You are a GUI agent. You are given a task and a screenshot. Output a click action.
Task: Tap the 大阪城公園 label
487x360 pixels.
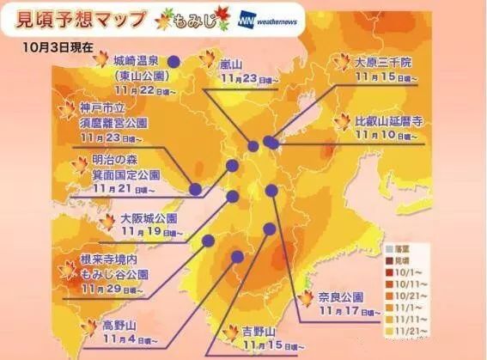click(148, 217)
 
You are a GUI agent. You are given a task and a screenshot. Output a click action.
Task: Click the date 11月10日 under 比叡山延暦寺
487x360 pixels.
click(379, 134)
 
